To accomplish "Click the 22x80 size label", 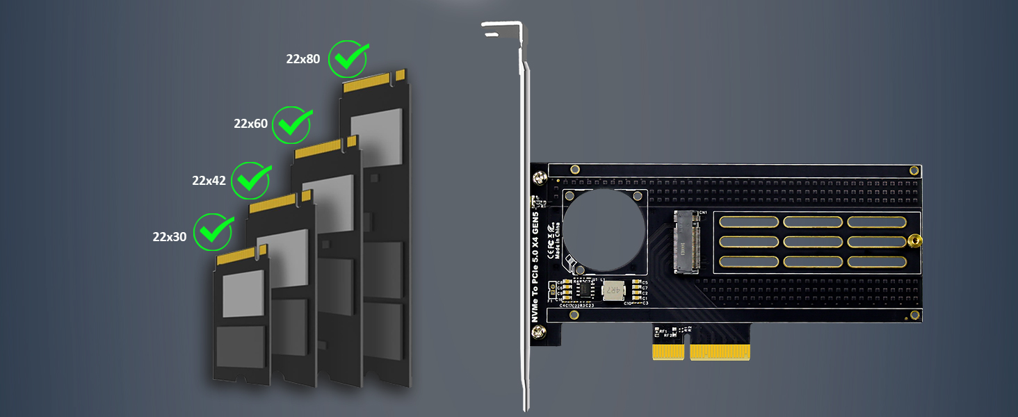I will (302, 59).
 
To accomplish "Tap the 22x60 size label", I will (250, 124).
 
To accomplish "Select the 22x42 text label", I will (209, 181).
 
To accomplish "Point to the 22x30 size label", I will (170, 236).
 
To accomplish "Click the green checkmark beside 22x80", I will (348, 58).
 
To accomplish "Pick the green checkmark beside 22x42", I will (251, 180).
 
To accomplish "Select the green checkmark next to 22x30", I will (213, 232).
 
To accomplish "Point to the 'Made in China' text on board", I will (556, 240).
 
